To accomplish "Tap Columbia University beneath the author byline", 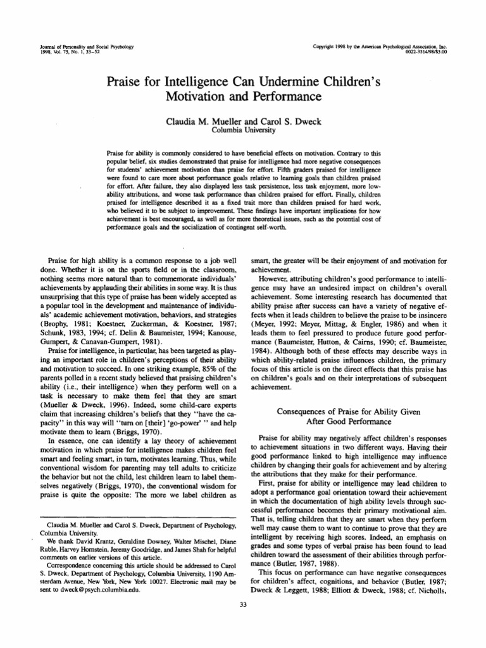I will [x=243, y=130].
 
